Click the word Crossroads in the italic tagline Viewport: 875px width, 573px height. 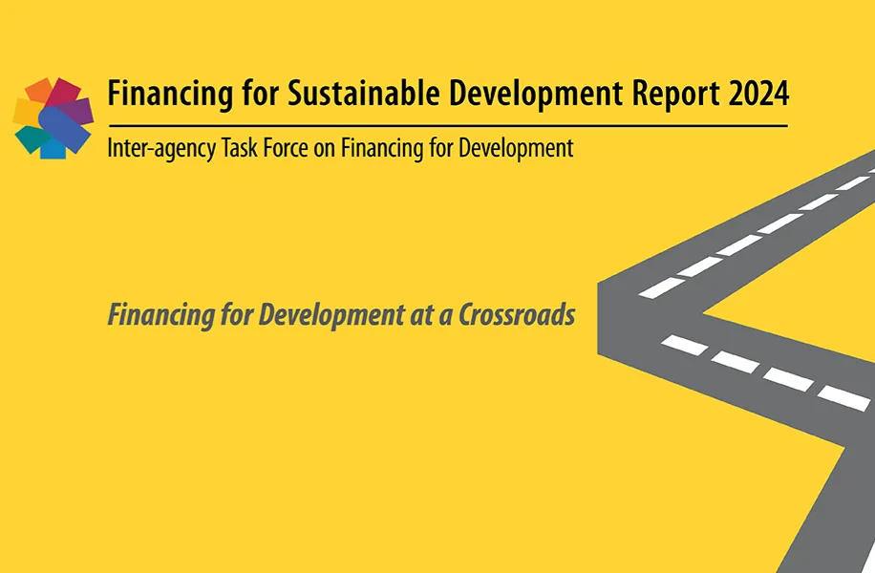click(x=517, y=315)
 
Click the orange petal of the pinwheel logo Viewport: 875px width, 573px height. click(x=40, y=90)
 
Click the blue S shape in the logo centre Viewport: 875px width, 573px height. click(x=62, y=127)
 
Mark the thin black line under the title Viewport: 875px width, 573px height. click(x=448, y=126)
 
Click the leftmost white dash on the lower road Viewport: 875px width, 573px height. click(x=685, y=346)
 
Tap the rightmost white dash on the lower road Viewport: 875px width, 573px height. click(x=843, y=398)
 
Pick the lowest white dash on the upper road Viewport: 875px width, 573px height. click(x=661, y=287)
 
